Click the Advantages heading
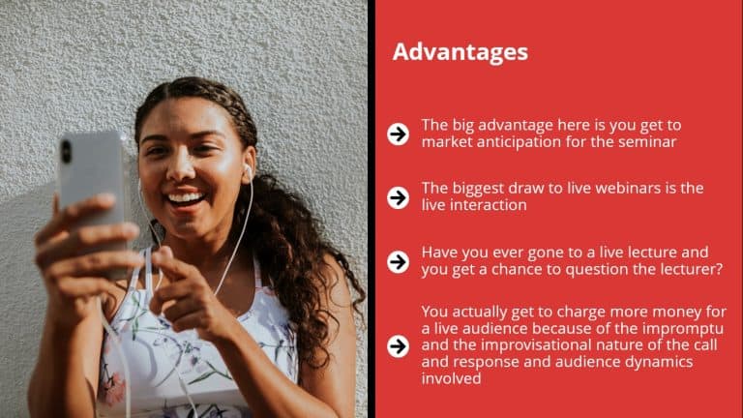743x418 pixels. click(461, 52)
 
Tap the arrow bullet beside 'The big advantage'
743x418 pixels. click(398, 134)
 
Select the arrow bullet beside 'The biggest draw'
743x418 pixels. click(398, 197)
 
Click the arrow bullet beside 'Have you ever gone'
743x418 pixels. click(398, 261)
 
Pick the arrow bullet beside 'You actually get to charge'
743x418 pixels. click(398, 346)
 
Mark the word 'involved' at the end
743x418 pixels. click(451, 378)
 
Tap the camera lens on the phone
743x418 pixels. click(67, 151)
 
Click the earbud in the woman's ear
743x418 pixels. click(247, 171)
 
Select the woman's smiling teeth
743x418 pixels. click(185, 198)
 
